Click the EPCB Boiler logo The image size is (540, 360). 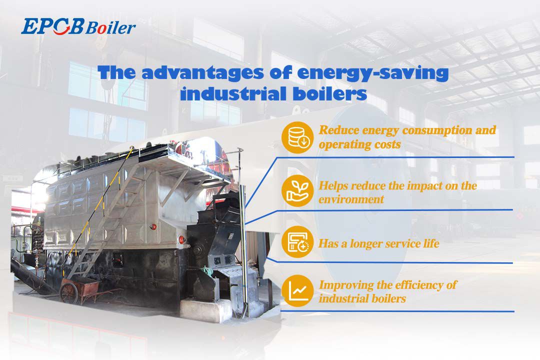coord(78,27)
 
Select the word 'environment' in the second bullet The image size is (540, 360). coord(351,199)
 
